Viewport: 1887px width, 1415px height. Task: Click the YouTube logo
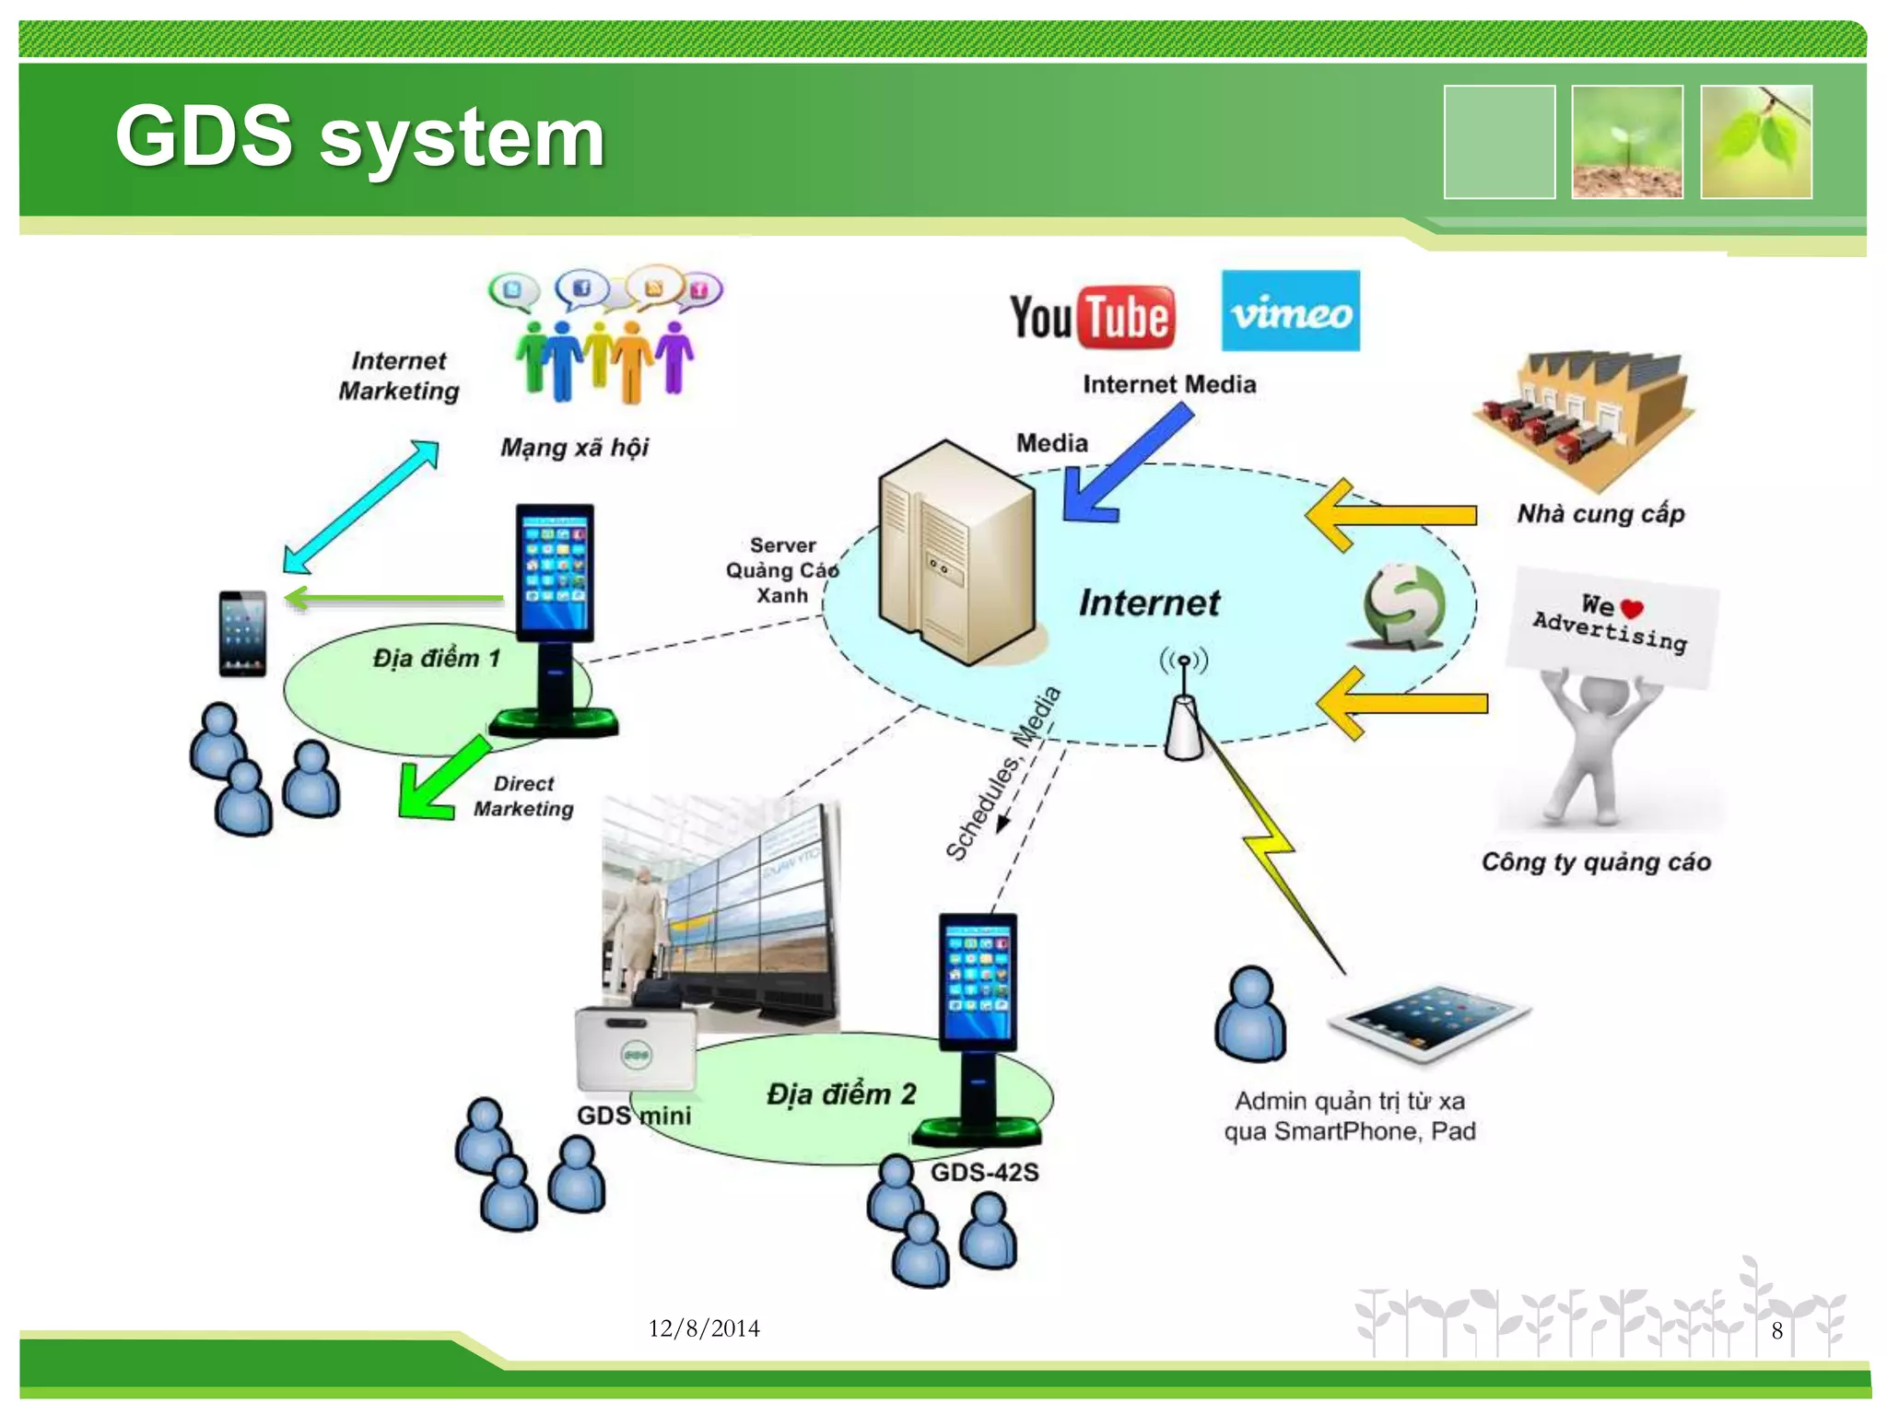(x=1092, y=317)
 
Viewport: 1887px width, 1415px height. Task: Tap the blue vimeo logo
(x=1290, y=310)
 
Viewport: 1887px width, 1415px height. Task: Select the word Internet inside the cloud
(x=1149, y=602)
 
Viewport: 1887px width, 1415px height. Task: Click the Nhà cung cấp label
(x=1600, y=513)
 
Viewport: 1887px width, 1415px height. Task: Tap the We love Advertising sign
(x=1612, y=626)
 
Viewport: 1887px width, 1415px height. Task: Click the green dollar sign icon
(x=1403, y=606)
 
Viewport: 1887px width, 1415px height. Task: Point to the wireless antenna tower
(x=1184, y=709)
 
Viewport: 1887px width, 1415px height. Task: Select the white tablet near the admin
(x=1427, y=1023)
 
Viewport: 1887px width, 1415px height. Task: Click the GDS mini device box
(x=636, y=1050)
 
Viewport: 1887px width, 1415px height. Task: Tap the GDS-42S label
(x=984, y=1172)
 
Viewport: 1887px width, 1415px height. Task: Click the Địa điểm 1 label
(x=436, y=658)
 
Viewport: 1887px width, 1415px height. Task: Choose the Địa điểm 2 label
(x=840, y=1093)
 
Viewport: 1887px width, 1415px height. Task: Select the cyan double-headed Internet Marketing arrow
(x=360, y=507)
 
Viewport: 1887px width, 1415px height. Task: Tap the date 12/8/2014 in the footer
(x=704, y=1327)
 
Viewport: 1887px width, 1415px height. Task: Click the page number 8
(x=1776, y=1330)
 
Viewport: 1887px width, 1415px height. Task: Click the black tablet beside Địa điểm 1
(x=242, y=634)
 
